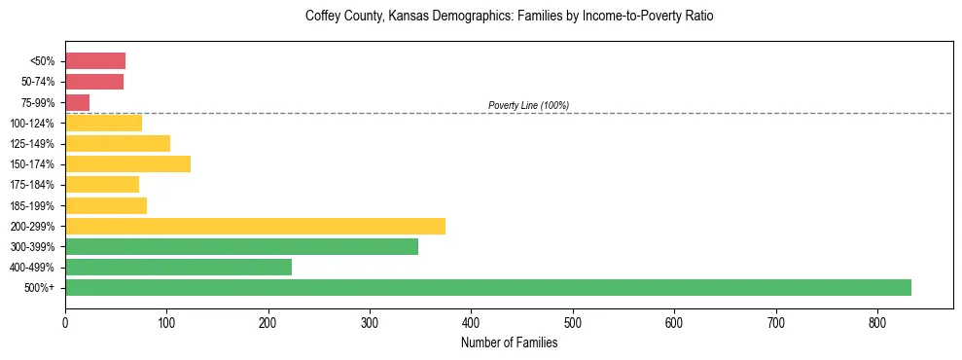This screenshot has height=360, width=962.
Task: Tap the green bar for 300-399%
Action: (x=241, y=247)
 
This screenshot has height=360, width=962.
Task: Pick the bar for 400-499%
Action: (x=178, y=268)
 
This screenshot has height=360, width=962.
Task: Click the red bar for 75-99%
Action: (x=77, y=102)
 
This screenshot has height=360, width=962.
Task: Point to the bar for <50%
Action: (x=95, y=61)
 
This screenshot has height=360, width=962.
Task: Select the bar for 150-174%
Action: (x=127, y=164)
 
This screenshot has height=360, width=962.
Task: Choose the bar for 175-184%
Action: (x=102, y=185)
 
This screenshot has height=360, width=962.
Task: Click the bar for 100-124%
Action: (x=103, y=123)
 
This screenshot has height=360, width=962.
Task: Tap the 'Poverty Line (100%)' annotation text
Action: (x=528, y=105)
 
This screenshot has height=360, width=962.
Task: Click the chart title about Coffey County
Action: (x=509, y=17)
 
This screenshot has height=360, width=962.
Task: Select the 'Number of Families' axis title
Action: (x=509, y=342)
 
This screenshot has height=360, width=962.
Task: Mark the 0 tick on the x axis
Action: (x=65, y=322)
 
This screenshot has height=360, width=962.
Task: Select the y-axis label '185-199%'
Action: (x=35, y=205)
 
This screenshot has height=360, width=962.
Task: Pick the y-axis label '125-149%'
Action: (x=35, y=144)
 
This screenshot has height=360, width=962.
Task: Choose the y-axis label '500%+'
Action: (x=41, y=288)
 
